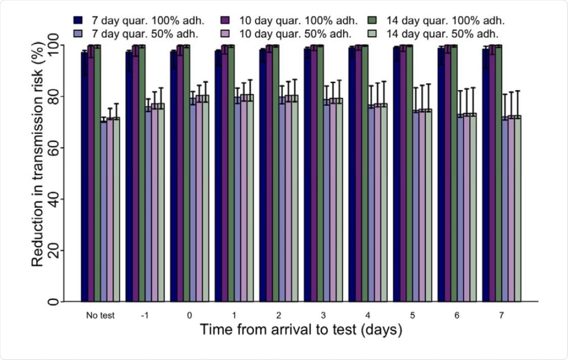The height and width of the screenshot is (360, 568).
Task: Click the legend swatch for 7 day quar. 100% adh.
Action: tap(78, 21)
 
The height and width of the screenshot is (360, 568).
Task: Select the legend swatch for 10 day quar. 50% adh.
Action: tap(226, 34)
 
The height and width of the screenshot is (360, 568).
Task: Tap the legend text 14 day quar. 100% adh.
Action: tap(445, 21)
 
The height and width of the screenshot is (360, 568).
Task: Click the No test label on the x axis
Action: tap(100, 314)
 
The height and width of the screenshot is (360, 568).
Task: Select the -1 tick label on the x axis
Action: tap(145, 314)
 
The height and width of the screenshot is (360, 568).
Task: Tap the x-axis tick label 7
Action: tap(502, 314)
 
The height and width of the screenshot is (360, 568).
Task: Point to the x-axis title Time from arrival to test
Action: tap(300, 329)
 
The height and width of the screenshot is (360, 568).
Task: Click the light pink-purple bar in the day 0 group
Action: tap(199, 198)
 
